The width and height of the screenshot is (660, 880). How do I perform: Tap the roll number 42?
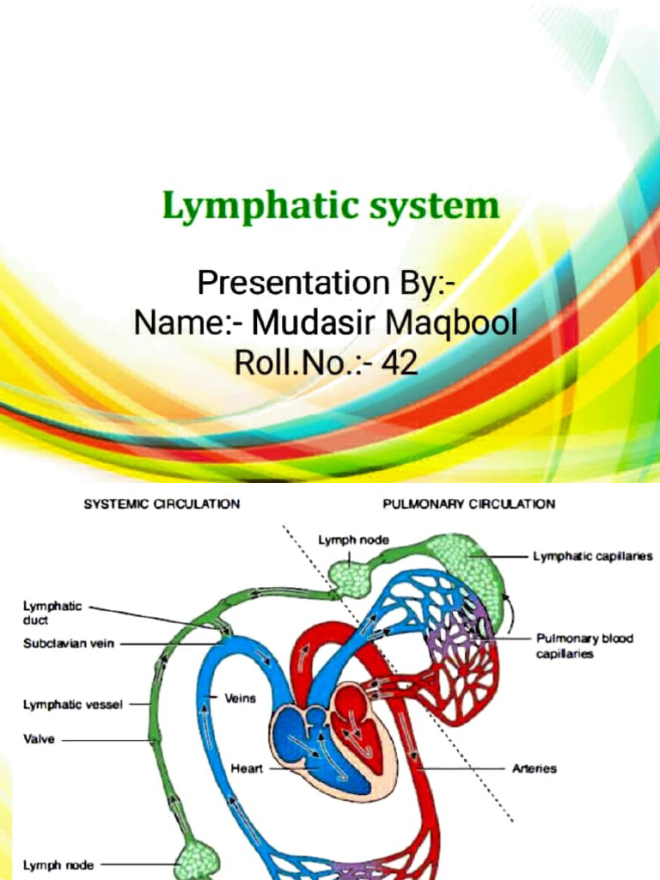point(399,363)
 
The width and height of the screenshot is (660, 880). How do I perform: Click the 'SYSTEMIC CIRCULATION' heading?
point(161,504)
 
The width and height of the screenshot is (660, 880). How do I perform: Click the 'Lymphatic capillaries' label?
point(592,556)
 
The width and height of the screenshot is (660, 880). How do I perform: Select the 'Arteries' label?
point(535,768)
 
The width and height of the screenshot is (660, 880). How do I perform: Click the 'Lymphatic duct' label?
point(52,612)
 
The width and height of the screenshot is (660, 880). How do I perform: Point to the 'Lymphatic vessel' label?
point(72,705)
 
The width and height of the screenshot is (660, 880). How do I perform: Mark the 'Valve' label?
point(38,738)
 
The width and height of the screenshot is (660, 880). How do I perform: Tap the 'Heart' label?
point(247,767)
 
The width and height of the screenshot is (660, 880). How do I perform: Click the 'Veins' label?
point(240,699)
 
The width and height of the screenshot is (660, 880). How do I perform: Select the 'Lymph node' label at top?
point(353,540)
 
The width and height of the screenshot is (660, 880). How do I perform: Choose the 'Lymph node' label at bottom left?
point(58,865)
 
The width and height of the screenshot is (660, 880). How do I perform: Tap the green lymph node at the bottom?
point(198,860)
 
